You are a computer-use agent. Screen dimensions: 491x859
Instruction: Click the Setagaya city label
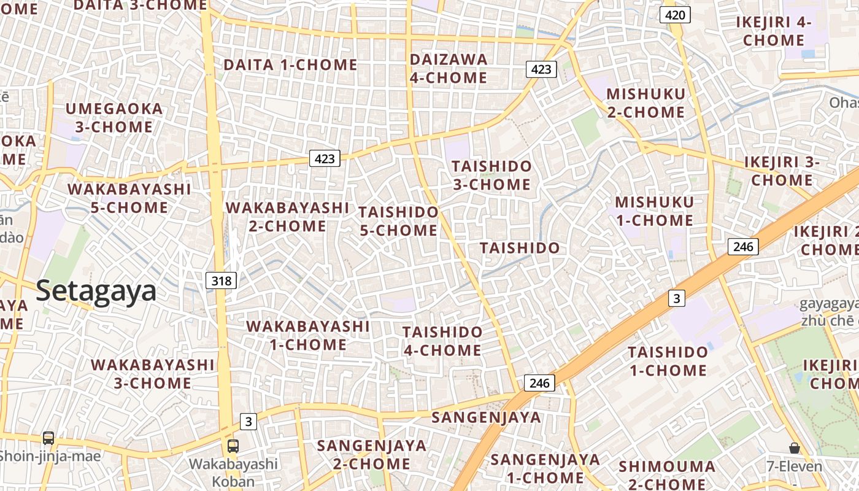96,291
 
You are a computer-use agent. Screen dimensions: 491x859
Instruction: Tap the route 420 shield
675,15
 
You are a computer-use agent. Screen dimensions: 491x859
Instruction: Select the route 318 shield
221,281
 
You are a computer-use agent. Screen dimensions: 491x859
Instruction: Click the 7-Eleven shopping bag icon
795,448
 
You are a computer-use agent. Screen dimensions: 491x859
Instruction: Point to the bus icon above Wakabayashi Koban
233,446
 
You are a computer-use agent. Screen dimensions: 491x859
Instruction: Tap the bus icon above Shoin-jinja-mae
48,438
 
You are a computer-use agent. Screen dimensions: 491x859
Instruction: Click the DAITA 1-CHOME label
290,64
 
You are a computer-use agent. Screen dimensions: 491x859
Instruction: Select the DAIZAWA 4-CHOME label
449,68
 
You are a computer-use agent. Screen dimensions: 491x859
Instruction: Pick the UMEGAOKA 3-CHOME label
114,118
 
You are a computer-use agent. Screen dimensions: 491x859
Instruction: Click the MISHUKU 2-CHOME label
645,103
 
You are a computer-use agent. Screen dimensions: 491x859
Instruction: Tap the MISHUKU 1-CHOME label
654,211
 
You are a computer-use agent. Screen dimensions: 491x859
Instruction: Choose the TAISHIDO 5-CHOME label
398,222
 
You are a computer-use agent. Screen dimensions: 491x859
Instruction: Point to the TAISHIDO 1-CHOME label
668,361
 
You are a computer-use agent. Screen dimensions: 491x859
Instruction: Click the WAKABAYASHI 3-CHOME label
153,374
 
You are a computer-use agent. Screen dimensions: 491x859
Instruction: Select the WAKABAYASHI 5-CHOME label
129,198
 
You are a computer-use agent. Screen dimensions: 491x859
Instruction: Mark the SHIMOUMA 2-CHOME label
666,474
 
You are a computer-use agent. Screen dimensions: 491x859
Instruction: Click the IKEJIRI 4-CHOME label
773,31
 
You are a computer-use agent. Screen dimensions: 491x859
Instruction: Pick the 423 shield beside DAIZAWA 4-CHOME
541,69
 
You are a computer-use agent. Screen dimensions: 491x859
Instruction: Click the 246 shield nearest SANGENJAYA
539,383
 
